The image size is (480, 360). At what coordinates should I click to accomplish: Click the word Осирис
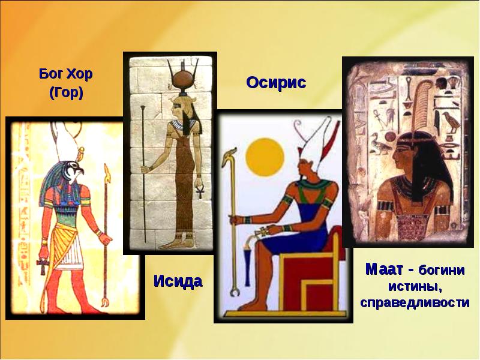tap(276, 83)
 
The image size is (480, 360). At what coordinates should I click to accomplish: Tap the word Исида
tap(178, 281)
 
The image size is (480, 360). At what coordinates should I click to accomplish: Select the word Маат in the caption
tap(384, 269)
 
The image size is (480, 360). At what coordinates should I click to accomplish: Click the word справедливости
tap(415, 302)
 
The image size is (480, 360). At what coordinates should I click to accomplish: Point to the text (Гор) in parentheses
tap(66, 93)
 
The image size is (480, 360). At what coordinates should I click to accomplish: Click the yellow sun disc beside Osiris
tap(265, 157)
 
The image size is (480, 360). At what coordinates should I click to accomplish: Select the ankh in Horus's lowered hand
tap(43, 266)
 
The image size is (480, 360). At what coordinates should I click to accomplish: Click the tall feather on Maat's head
tap(422, 104)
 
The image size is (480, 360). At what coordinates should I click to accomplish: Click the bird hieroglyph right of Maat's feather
tap(452, 122)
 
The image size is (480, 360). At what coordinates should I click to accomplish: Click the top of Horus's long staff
tap(107, 171)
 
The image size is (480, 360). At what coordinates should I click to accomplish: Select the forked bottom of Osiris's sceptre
tap(235, 292)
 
